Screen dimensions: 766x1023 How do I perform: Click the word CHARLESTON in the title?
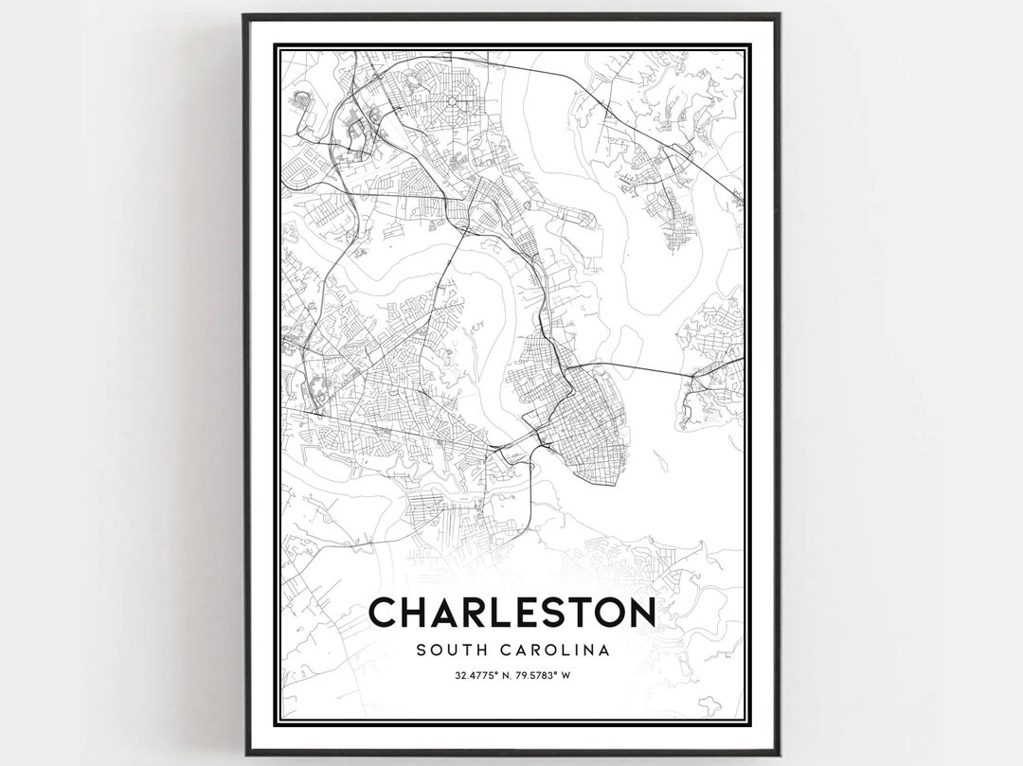pyautogui.click(x=511, y=613)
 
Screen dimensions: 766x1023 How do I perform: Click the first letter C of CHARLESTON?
pyautogui.click(x=384, y=613)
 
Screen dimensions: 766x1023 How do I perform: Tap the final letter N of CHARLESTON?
pyautogui.click(x=638, y=613)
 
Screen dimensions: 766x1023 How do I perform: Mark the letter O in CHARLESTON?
pyautogui.click(x=607, y=613)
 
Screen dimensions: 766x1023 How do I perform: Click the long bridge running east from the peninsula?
pyautogui.click(x=644, y=365)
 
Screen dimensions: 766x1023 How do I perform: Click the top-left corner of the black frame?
pyautogui.click(x=244, y=16)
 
